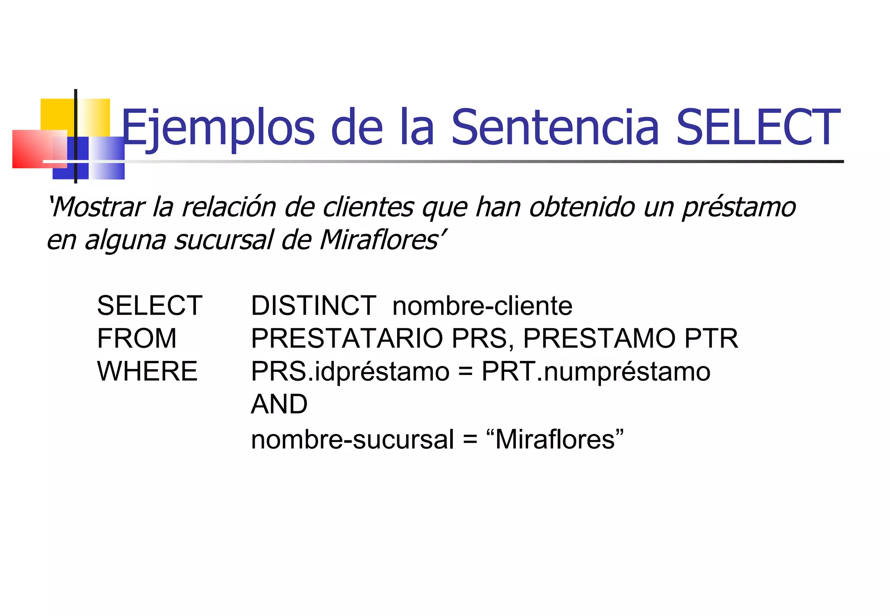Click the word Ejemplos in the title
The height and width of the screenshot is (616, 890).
point(217,128)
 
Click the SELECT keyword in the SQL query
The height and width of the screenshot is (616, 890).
point(149,305)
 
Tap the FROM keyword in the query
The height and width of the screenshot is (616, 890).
point(137,338)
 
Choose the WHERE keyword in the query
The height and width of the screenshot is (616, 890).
point(147,371)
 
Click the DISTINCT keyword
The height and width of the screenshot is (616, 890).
point(313,305)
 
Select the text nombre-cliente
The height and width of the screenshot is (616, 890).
point(482,306)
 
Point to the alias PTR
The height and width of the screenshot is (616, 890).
point(711,338)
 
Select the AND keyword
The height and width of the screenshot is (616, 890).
point(279,404)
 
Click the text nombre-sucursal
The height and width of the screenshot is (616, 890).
point(352,439)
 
